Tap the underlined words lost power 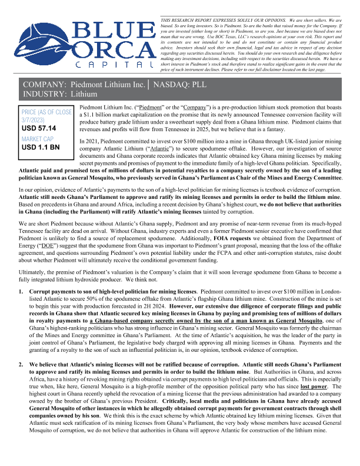(332, 371)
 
